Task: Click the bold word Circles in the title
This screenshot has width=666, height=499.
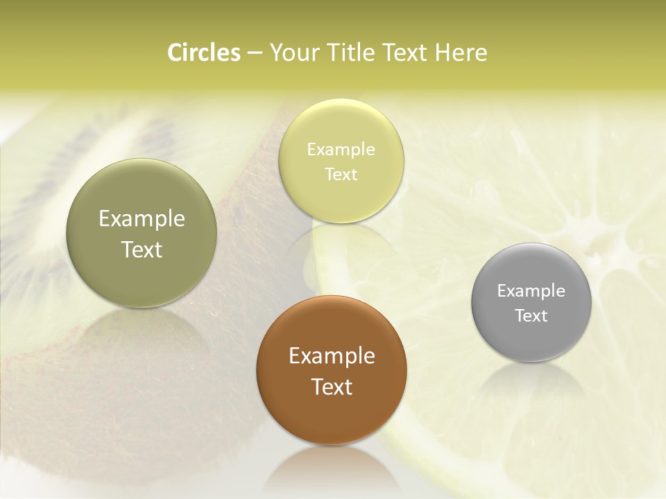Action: click(x=204, y=53)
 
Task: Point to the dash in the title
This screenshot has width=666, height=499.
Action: click(x=255, y=53)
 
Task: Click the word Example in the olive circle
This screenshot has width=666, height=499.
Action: click(x=142, y=219)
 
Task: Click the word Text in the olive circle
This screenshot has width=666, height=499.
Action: click(x=142, y=249)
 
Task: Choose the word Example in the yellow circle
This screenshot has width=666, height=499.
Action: click(x=341, y=150)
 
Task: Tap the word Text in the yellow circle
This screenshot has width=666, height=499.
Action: click(x=341, y=174)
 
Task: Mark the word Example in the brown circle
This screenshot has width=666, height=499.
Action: click(x=332, y=356)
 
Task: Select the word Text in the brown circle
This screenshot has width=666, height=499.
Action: click(x=332, y=387)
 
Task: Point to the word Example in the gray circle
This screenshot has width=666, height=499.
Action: click(x=531, y=291)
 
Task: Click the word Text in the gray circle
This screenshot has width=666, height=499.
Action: click(x=531, y=316)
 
